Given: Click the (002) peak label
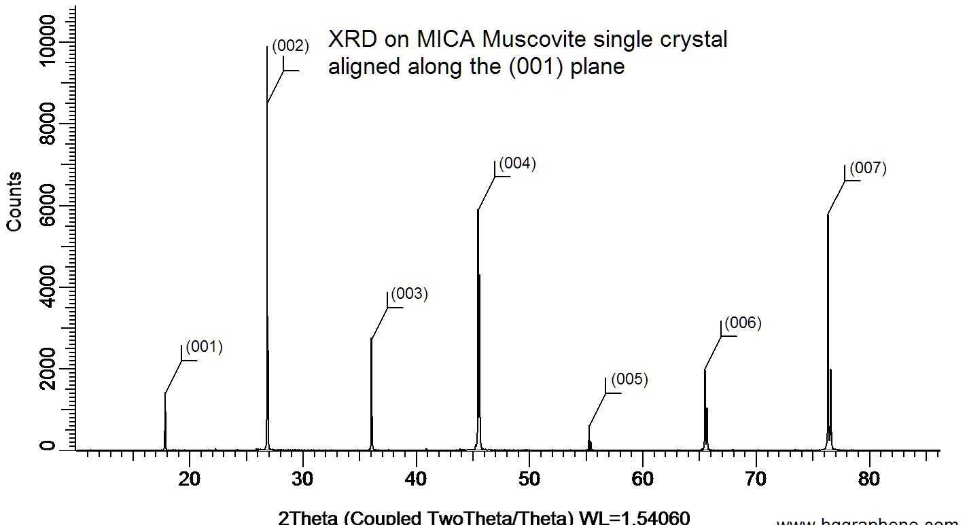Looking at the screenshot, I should (x=290, y=46).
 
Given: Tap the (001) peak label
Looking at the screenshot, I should (x=204, y=347).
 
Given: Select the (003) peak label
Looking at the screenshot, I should (x=410, y=294).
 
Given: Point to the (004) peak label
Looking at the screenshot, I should (x=518, y=163).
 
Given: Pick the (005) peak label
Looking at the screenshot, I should (x=629, y=380).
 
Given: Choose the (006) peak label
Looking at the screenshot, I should (x=743, y=323).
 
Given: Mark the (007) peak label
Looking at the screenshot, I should (x=868, y=168).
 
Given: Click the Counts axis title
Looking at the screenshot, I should (x=14, y=202).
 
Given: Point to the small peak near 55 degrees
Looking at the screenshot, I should (x=589, y=438).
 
